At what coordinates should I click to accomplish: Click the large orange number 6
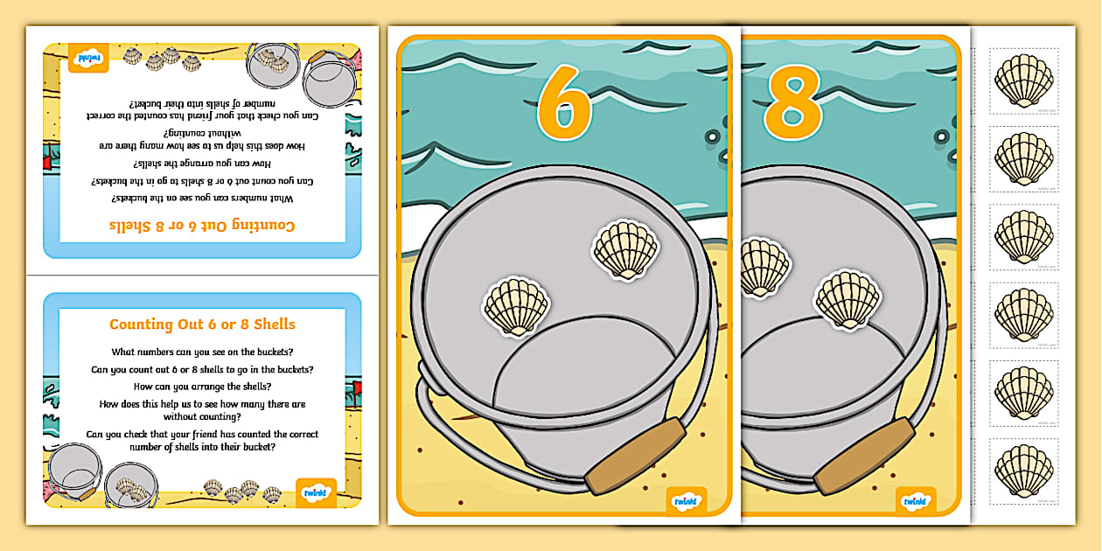click(564, 103)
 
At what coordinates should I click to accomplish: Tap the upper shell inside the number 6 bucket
click(625, 251)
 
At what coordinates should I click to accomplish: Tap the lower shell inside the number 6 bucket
click(516, 306)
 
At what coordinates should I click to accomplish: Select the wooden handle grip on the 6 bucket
click(636, 456)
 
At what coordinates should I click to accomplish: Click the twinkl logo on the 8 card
click(916, 500)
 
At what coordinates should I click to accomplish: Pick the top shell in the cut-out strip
click(1024, 80)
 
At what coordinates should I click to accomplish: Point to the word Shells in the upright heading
click(273, 324)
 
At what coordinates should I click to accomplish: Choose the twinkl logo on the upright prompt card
click(317, 492)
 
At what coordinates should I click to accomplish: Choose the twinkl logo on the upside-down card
click(90, 58)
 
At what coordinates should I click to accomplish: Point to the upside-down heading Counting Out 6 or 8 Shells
click(202, 226)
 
